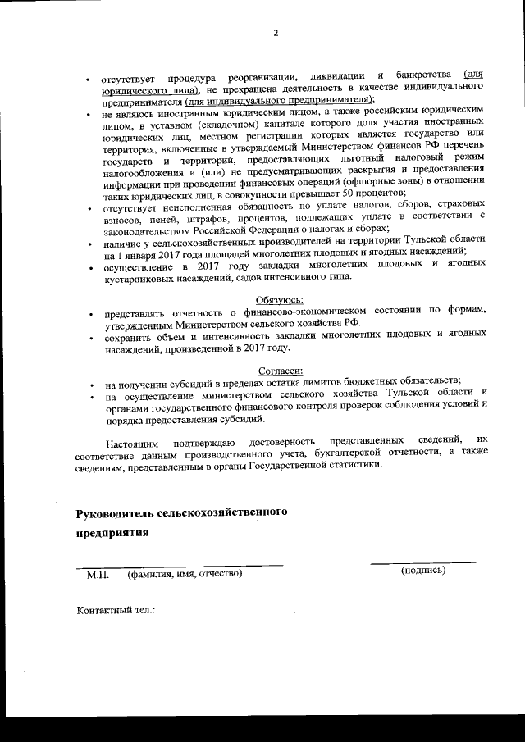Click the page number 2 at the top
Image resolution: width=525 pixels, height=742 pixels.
point(276,34)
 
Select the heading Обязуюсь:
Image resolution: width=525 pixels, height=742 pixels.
point(281,299)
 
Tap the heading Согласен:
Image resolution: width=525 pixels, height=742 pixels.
point(281,371)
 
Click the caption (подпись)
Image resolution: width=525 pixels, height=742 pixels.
point(423,570)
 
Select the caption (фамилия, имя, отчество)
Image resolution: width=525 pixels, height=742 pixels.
point(185,575)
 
